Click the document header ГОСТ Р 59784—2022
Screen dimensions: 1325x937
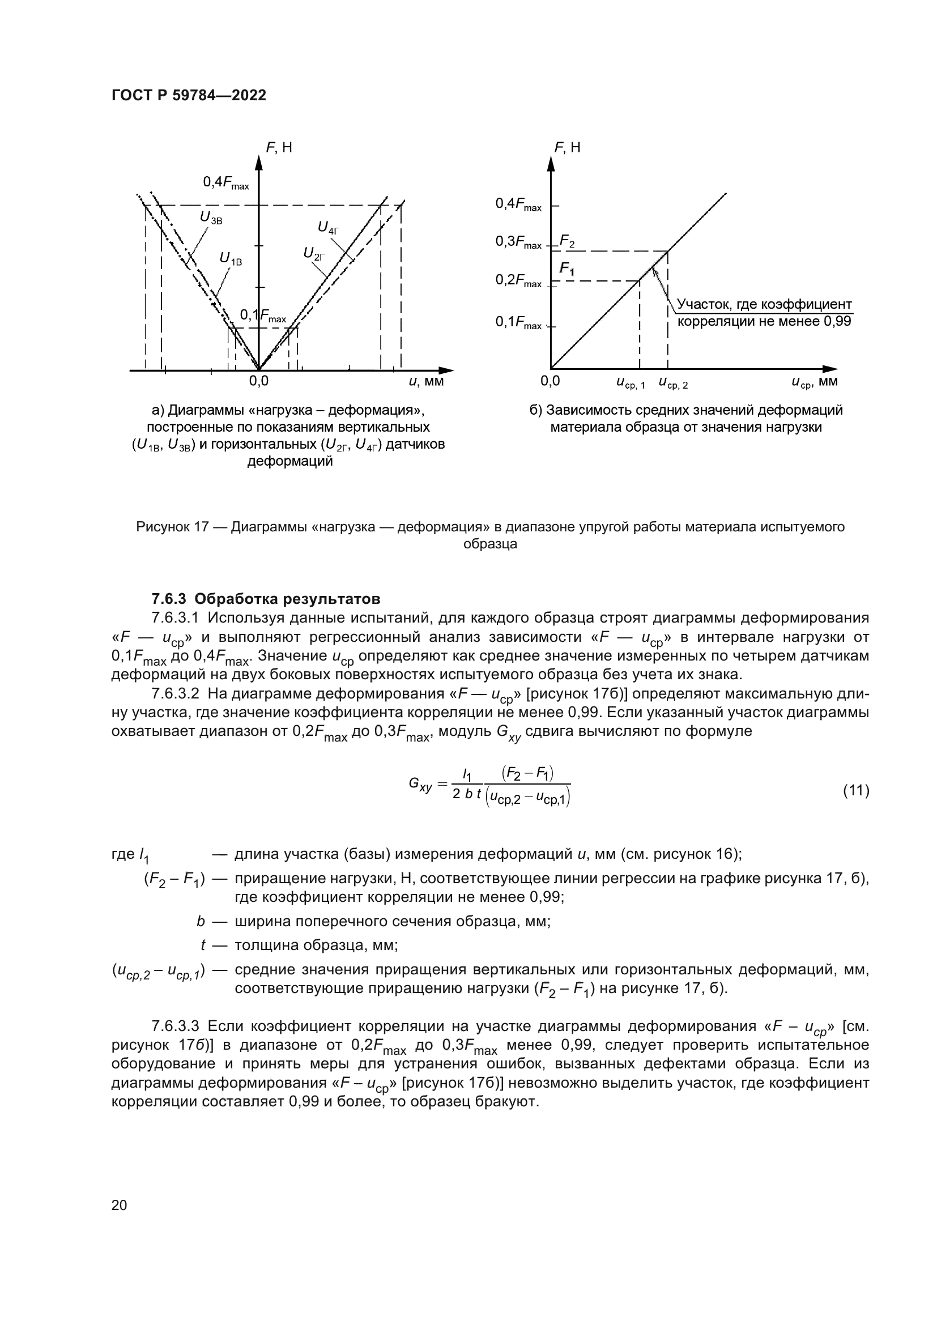189,96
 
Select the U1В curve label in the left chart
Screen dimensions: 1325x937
231,259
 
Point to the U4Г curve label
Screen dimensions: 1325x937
329,227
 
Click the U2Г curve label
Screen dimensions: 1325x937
314,253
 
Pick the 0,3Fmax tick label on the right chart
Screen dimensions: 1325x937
518,242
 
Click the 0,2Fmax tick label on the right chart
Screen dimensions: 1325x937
518,281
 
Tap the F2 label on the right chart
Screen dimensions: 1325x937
567,241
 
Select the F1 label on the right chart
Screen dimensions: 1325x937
567,269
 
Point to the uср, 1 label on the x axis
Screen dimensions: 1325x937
631,382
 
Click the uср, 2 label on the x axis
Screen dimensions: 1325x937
674,382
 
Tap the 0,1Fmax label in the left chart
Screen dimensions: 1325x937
262,316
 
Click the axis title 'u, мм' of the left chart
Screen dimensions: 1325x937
426,381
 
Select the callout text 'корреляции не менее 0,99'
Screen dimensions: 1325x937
764,321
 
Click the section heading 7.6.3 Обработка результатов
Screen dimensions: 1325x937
266,598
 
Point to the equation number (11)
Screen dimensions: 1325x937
855,790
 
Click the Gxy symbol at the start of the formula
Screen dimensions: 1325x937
419,784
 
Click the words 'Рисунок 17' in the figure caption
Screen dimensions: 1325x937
172,527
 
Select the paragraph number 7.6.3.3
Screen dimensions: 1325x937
176,1026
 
